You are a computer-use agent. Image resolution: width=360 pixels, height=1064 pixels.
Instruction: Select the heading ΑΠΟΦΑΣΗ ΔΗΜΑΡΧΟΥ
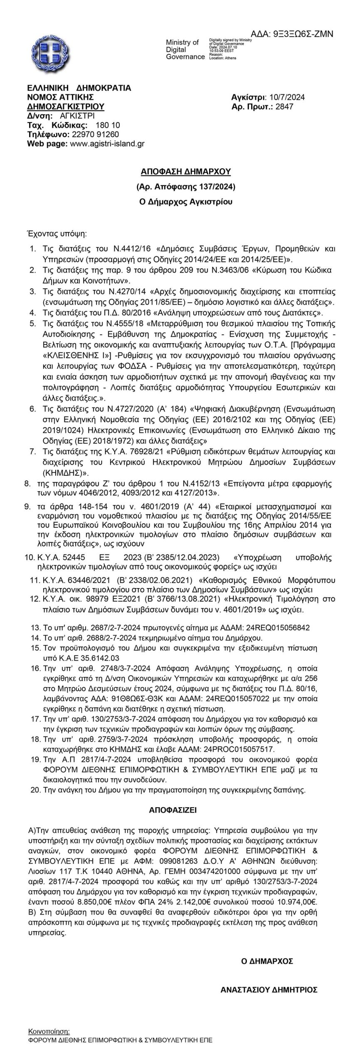[186, 171]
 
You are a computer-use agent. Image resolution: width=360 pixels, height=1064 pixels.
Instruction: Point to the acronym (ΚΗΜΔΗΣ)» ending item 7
[60, 473]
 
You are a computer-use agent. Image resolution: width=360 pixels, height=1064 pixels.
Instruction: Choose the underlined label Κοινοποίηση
[49, 1031]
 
